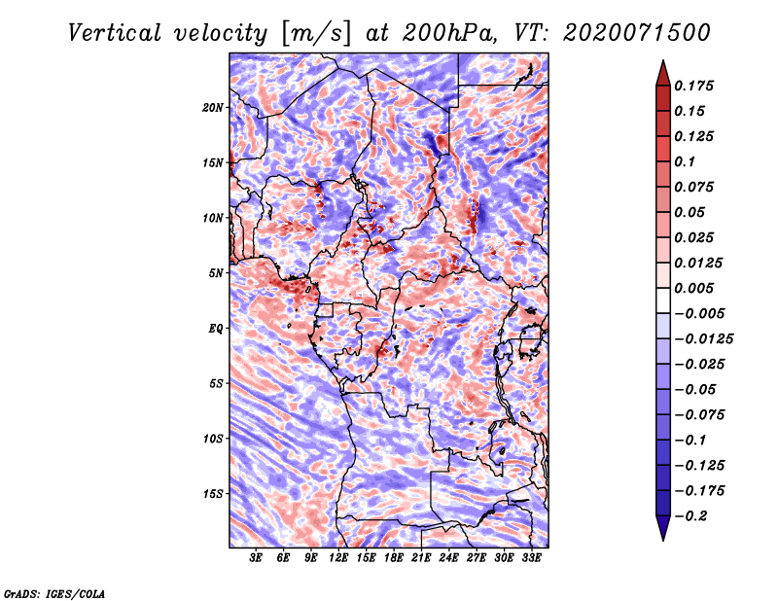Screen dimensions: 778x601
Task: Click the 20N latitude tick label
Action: (213, 108)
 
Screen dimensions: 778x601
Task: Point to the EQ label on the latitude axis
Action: (216, 329)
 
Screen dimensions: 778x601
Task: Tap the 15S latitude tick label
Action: (213, 494)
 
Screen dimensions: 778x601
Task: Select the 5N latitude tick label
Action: (216, 273)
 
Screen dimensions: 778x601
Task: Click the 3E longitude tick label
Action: (256, 558)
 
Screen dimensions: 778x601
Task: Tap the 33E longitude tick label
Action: (531, 558)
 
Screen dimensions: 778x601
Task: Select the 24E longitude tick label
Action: (448, 558)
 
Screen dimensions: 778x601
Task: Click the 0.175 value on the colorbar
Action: (693, 86)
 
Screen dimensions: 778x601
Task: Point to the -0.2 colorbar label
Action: (690, 516)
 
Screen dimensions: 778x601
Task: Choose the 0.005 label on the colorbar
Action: (693, 288)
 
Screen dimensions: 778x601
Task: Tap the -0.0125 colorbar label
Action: (703, 339)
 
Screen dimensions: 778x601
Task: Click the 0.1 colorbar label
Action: (685, 161)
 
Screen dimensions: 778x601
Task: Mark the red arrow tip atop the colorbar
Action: (663, 60)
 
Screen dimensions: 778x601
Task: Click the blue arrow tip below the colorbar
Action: (663, 540)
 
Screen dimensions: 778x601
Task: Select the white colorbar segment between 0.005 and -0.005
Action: (663, 300)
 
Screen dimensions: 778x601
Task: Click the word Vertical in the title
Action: (115, 33)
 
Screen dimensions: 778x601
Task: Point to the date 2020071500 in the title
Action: (637, 33)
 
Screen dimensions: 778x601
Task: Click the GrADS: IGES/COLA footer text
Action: (54, 593)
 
